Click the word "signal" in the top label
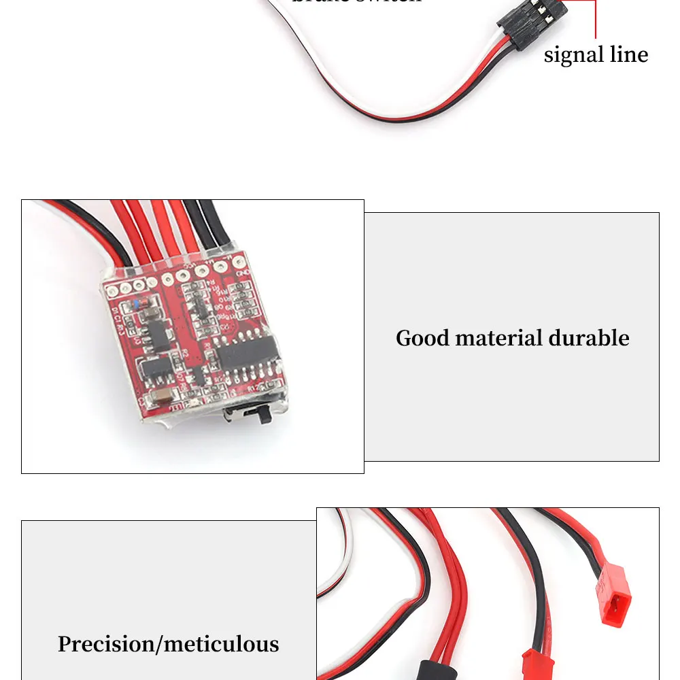(x=573, y=55)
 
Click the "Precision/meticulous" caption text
(x=168, y=644)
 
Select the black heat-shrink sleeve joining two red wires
(x=440, y=666)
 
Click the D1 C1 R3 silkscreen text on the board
(x=120, y=319)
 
